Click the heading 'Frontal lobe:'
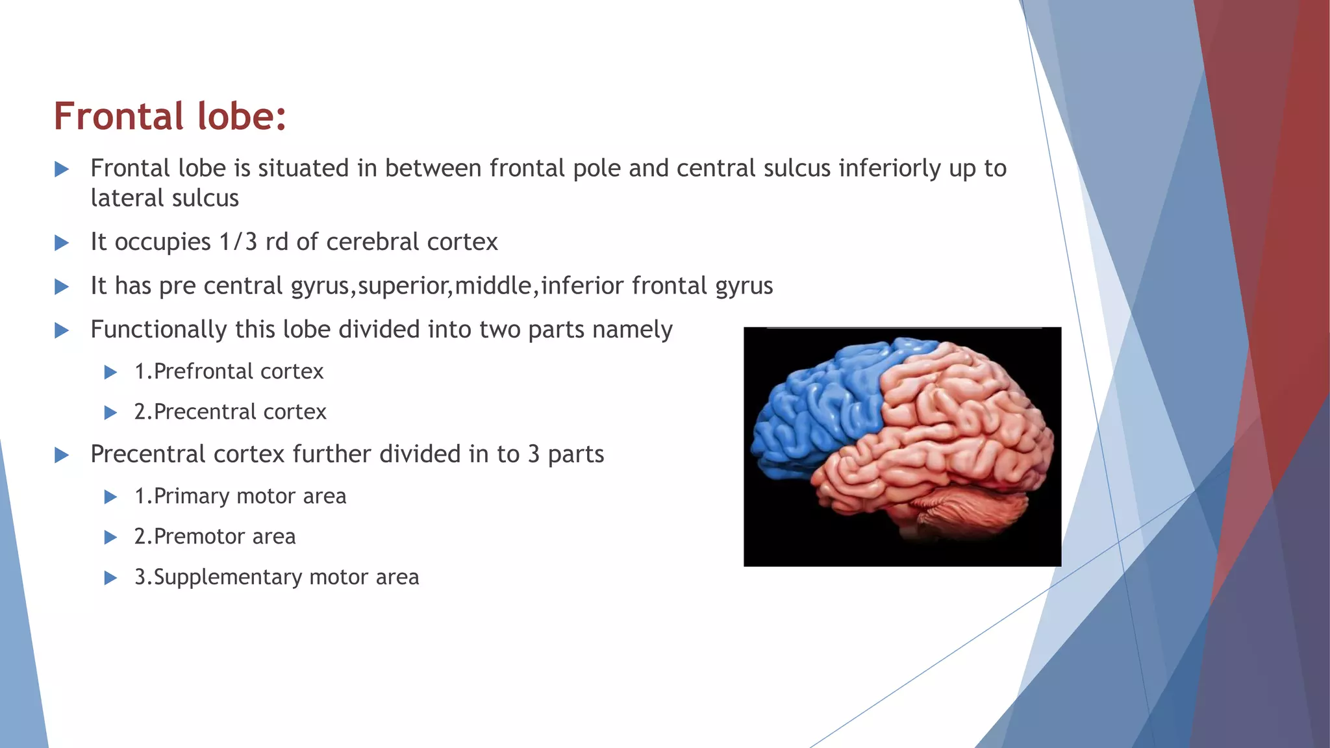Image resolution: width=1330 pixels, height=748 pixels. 169,117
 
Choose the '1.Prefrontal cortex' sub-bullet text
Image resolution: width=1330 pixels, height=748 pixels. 229,371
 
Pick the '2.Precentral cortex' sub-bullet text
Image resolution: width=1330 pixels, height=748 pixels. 230,412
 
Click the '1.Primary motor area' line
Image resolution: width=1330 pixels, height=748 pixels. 240,496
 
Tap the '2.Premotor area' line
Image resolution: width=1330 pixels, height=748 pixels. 215,536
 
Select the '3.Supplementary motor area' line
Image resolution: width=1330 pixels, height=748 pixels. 277,577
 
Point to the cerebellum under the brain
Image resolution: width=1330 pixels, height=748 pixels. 955,510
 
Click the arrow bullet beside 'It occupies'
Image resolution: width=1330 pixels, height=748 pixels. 62,243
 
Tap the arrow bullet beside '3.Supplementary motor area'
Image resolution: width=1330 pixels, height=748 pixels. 110,578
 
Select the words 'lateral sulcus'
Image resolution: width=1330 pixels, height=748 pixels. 165,199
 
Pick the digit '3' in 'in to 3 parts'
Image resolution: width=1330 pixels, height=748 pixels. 534,455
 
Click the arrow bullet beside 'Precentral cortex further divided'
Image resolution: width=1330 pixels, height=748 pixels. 62,455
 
